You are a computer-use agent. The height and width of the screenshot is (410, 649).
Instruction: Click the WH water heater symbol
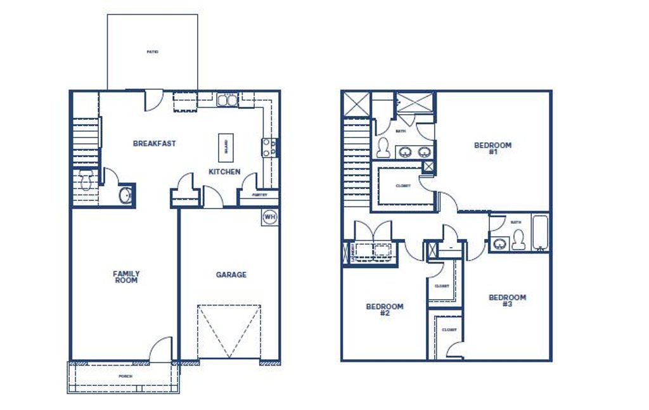point(270,216)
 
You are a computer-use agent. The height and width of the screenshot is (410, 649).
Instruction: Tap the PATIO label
point(152,51)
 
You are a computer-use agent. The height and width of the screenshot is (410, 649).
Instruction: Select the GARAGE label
point(231,275)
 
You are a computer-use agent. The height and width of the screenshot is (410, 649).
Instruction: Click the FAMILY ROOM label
point(126,277)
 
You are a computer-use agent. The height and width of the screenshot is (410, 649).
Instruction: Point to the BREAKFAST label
point(155,143)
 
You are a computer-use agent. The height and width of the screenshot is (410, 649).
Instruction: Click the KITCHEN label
point(225,172)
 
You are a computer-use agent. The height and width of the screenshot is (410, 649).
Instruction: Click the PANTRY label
point(259,195)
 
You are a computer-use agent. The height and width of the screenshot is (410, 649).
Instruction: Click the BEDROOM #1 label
point(492,148)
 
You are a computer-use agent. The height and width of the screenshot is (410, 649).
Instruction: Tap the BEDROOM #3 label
point(507,300)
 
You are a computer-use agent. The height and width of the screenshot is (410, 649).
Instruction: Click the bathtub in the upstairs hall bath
point(539,233)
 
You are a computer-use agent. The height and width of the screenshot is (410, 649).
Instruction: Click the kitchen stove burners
point(269,148)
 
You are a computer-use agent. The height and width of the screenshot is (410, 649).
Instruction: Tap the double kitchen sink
point(226,99)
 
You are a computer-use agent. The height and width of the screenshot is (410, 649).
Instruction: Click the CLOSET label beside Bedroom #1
point(403,186)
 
